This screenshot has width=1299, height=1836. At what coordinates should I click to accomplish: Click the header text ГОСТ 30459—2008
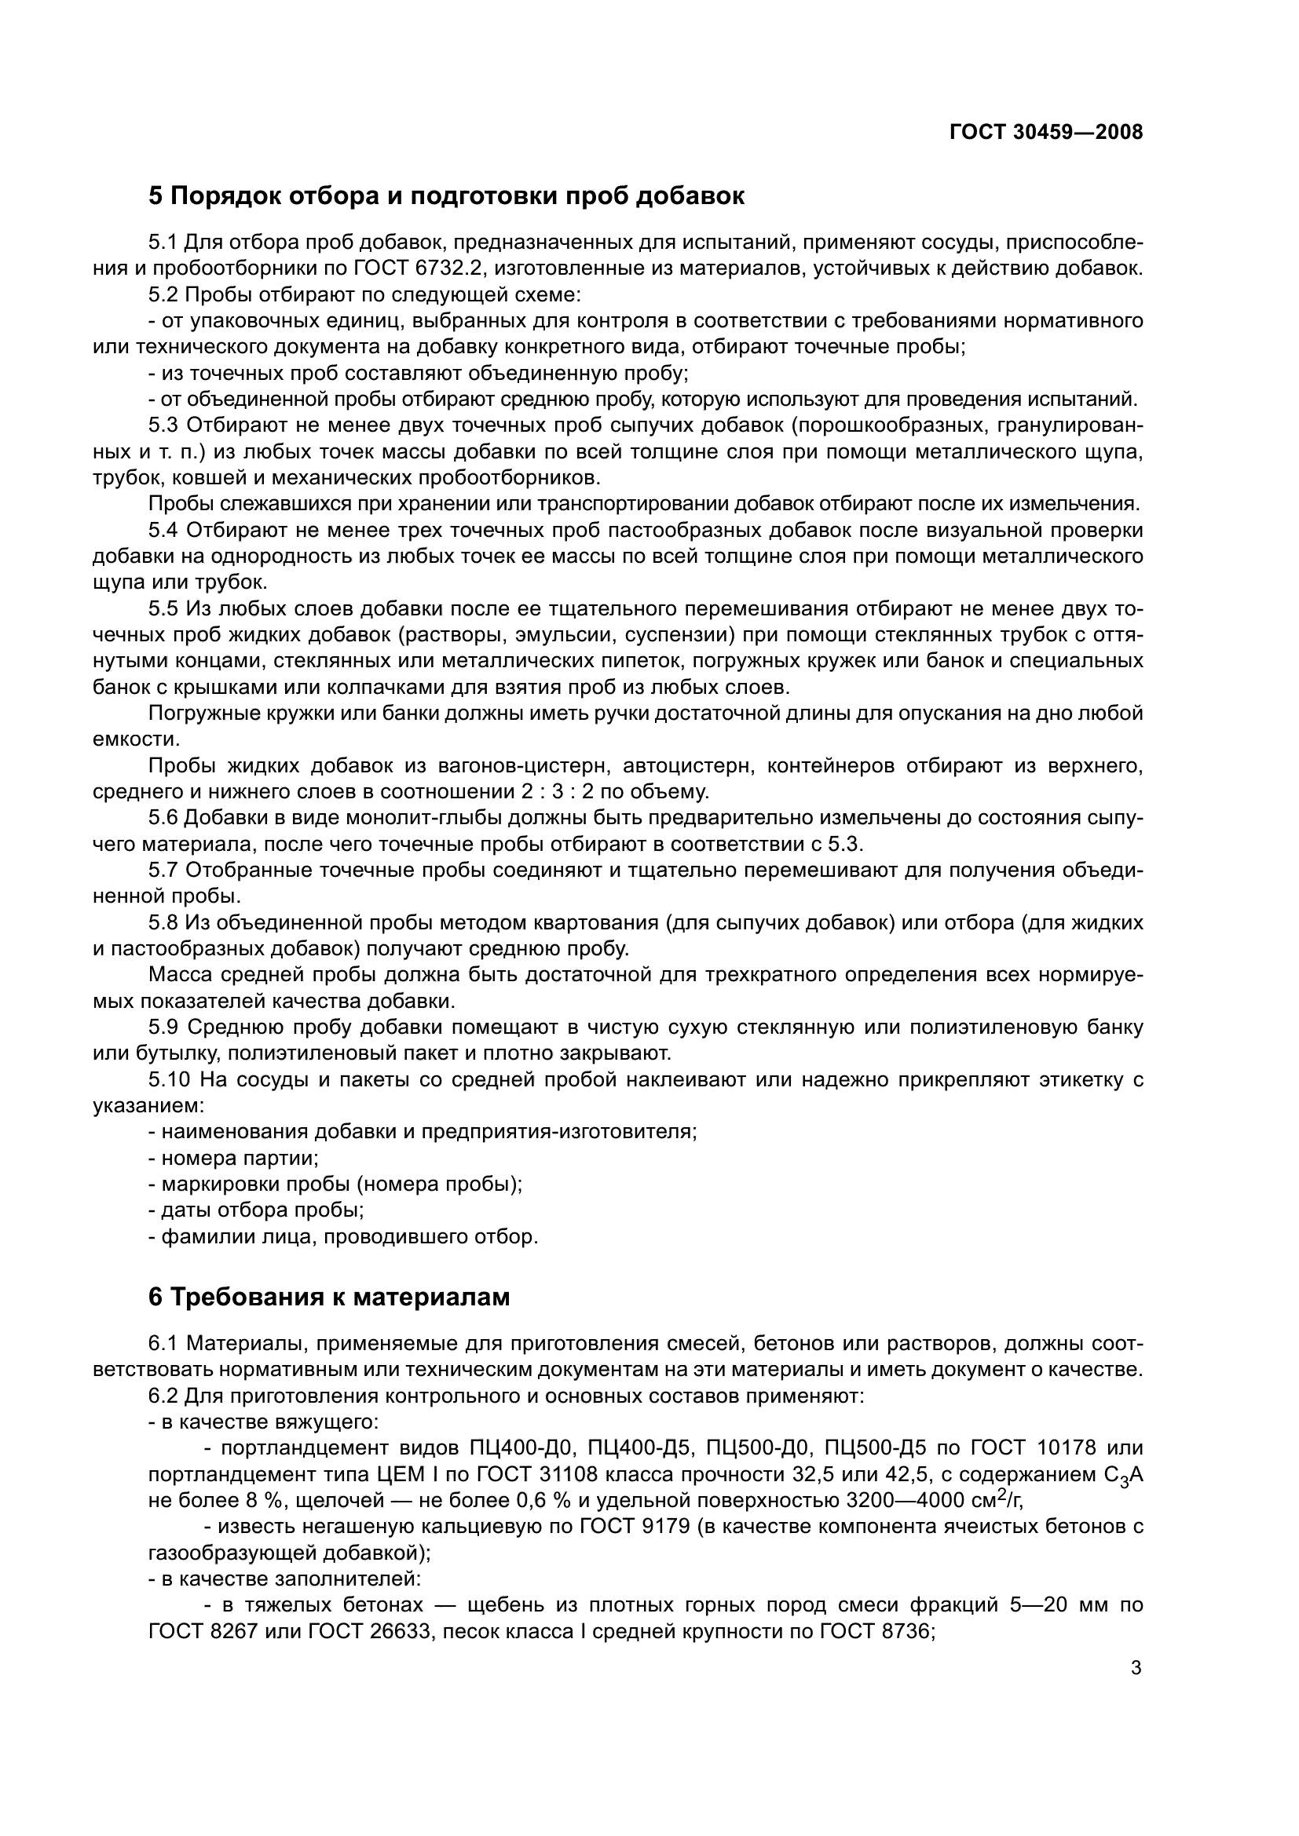click(1045, 132)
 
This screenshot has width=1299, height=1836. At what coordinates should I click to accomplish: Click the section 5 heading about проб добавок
click(446, 196)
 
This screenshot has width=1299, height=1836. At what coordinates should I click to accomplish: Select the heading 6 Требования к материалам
click(329, 1297)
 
